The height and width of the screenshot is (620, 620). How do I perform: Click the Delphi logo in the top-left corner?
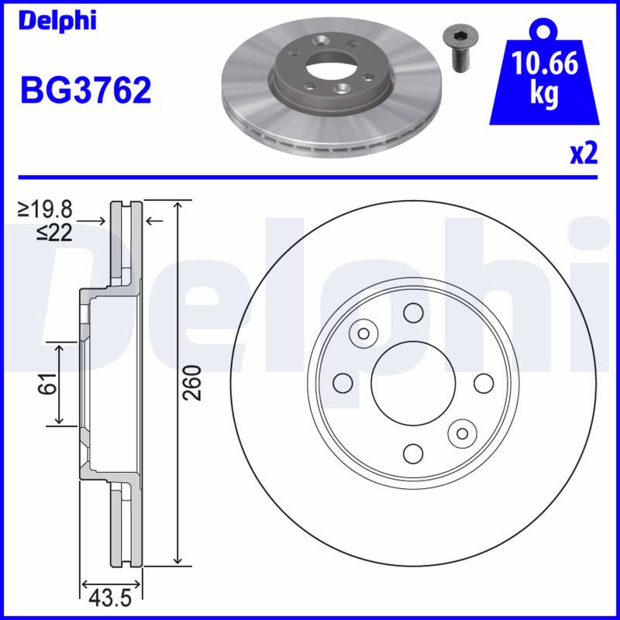click(x=57, y=20)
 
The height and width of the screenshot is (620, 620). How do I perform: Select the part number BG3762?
click(x=86, y=90)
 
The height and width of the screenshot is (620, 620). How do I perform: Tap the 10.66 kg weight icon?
click(x=544, y=73)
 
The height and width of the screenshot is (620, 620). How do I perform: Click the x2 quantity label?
click(x=584, y=153)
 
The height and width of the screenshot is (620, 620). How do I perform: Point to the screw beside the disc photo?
click(x=460, y=49)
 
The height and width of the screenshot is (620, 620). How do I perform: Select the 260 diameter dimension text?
click(x=192, y=383)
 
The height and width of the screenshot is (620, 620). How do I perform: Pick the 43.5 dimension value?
click(x=110, y=598)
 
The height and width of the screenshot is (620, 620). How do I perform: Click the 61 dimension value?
click(x=47, y=383)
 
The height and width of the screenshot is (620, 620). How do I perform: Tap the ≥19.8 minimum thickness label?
click(x=45, y=209)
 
